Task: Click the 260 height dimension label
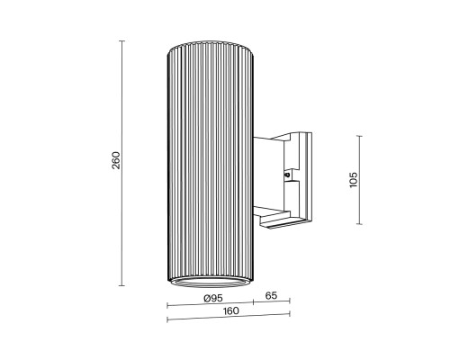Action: (x=115, y=161)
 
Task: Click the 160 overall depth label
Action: (x=229, y=311)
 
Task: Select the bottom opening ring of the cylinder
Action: (x=208, y=282)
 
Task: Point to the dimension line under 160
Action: (x=229, y=318)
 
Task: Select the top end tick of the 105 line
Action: (x=360, y=135)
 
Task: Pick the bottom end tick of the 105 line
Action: (x=360, y=224)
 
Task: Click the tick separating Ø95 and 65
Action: (x=253, y=303)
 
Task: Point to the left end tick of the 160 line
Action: (x=167, y=318)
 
